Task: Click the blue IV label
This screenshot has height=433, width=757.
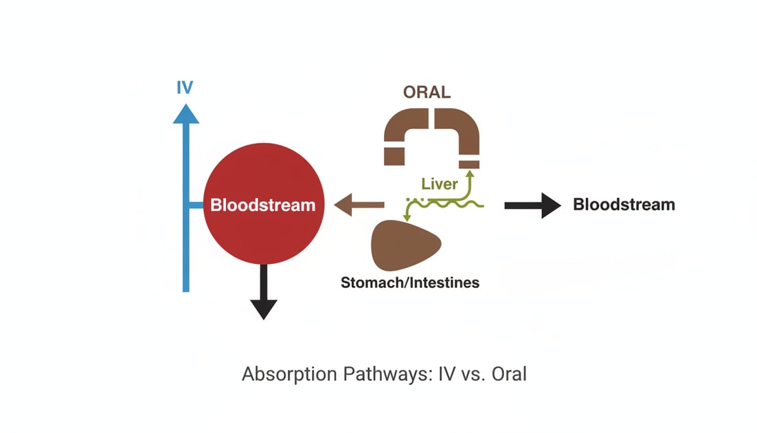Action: pos(185,88)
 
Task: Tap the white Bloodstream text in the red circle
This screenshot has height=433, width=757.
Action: pos(263,205)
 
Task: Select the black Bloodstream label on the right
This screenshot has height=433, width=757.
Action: pos(624,204)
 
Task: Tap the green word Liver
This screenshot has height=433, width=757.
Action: pos(439,184)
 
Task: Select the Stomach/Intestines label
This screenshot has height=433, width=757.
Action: pos(410,282)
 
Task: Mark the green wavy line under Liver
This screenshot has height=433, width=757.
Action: pos(453,204)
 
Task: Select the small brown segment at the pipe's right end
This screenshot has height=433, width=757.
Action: pos(469,163)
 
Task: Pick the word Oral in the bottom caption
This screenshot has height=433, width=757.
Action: pos(508,375)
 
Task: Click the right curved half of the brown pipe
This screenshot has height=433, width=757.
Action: pos(460,131)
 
